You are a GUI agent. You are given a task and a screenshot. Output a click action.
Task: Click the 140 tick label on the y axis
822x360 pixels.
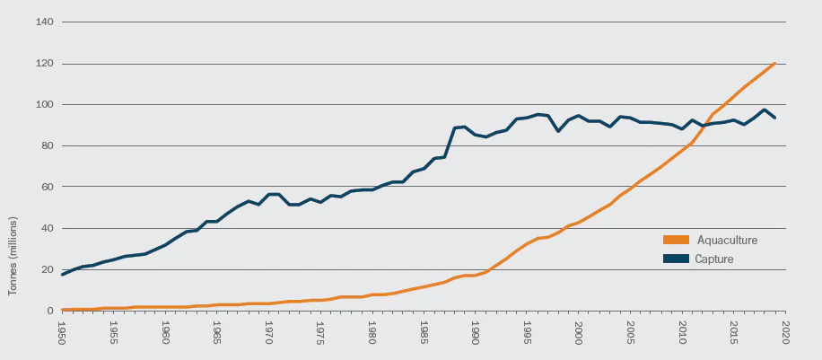point(44,22)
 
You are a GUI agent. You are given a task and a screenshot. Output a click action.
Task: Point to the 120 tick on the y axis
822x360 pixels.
point(44,64)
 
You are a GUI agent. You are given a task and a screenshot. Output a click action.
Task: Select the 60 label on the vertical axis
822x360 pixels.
point(47,188)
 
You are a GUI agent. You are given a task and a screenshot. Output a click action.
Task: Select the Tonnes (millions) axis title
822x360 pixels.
point(14,256)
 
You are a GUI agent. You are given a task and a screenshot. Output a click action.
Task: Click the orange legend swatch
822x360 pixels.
point(676,241)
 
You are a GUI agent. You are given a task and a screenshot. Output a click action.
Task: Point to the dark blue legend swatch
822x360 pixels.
point(676,259)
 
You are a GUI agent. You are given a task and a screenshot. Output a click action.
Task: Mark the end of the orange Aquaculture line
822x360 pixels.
point(774,63)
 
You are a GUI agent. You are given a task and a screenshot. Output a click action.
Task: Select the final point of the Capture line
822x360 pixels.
point(774,119)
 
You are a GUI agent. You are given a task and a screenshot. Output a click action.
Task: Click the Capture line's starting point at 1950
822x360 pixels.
point(62,274)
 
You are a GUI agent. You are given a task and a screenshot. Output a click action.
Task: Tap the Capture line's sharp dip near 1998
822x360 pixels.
point(558,131)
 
